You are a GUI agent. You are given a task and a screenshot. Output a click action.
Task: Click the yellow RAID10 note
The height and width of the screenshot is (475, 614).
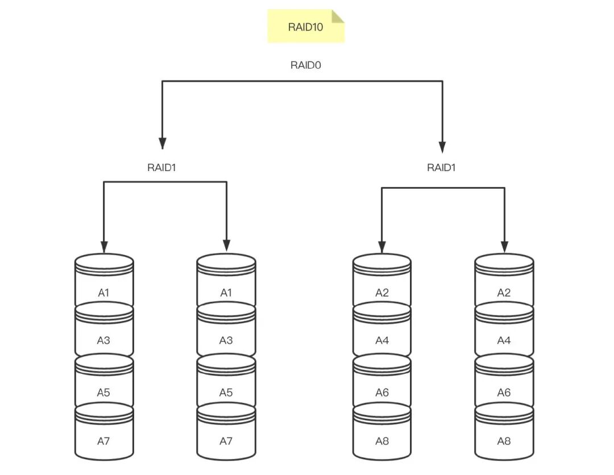pos(306,26)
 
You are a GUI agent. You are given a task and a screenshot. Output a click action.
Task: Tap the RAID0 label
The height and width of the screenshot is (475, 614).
pos(305,65)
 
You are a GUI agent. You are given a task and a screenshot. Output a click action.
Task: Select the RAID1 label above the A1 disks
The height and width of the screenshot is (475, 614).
pos(161,168)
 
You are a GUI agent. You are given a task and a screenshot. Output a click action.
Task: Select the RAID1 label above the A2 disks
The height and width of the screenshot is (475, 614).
pos(441,168)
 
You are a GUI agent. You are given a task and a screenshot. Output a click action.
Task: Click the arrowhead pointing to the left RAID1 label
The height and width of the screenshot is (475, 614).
pos(162,144)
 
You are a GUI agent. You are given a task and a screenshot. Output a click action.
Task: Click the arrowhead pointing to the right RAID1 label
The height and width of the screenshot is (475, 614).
pos(442,147)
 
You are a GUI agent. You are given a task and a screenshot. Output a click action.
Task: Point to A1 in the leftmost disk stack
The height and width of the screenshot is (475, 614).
pos(103,293)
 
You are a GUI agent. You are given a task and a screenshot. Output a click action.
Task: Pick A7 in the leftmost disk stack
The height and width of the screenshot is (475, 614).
pos(103,441)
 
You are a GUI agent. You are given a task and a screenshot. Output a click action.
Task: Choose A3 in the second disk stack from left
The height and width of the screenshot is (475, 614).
pos(226,340)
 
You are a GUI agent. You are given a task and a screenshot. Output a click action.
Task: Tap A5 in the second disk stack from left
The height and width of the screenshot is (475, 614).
pos(226,393)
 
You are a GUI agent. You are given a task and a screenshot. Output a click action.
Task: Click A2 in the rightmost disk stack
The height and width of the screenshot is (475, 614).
pos(504,293)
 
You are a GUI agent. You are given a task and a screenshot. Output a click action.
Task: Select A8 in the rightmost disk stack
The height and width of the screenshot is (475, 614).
pos(504,441)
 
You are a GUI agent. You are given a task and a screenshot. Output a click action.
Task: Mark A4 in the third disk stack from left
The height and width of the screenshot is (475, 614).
pos(382,340)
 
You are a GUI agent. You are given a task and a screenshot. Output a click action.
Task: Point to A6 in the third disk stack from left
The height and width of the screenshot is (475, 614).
pos(382,393)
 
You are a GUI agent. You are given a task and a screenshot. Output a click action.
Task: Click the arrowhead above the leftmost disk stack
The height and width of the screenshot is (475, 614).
pos(104,247)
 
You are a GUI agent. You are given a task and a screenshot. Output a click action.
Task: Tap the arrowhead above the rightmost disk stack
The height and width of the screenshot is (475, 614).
pos(504,247)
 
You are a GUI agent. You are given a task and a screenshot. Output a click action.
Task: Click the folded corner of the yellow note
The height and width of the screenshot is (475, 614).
pos(338,16)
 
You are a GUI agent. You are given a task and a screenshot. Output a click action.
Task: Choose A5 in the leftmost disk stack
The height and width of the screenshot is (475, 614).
pos(103,393)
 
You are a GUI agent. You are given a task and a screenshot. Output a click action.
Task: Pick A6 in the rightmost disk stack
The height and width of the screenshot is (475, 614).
pos(504,393)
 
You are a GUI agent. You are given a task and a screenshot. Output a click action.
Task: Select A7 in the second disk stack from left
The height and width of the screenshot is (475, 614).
pos(226,441)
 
